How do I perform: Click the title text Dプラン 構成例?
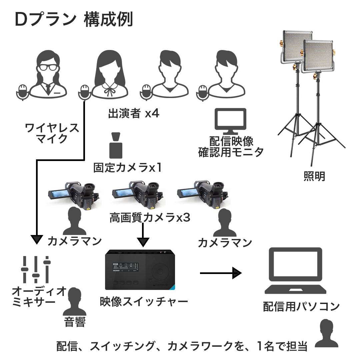[74, 20]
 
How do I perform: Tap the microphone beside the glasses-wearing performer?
[22, 92]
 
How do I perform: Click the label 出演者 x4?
[134, 114]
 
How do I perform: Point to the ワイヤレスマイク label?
[52, 133]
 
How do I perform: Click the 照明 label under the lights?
[314, 176]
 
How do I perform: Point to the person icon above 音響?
[74, 301]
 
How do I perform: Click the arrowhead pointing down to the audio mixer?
[36, 239]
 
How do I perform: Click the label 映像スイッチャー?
[144, 302]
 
